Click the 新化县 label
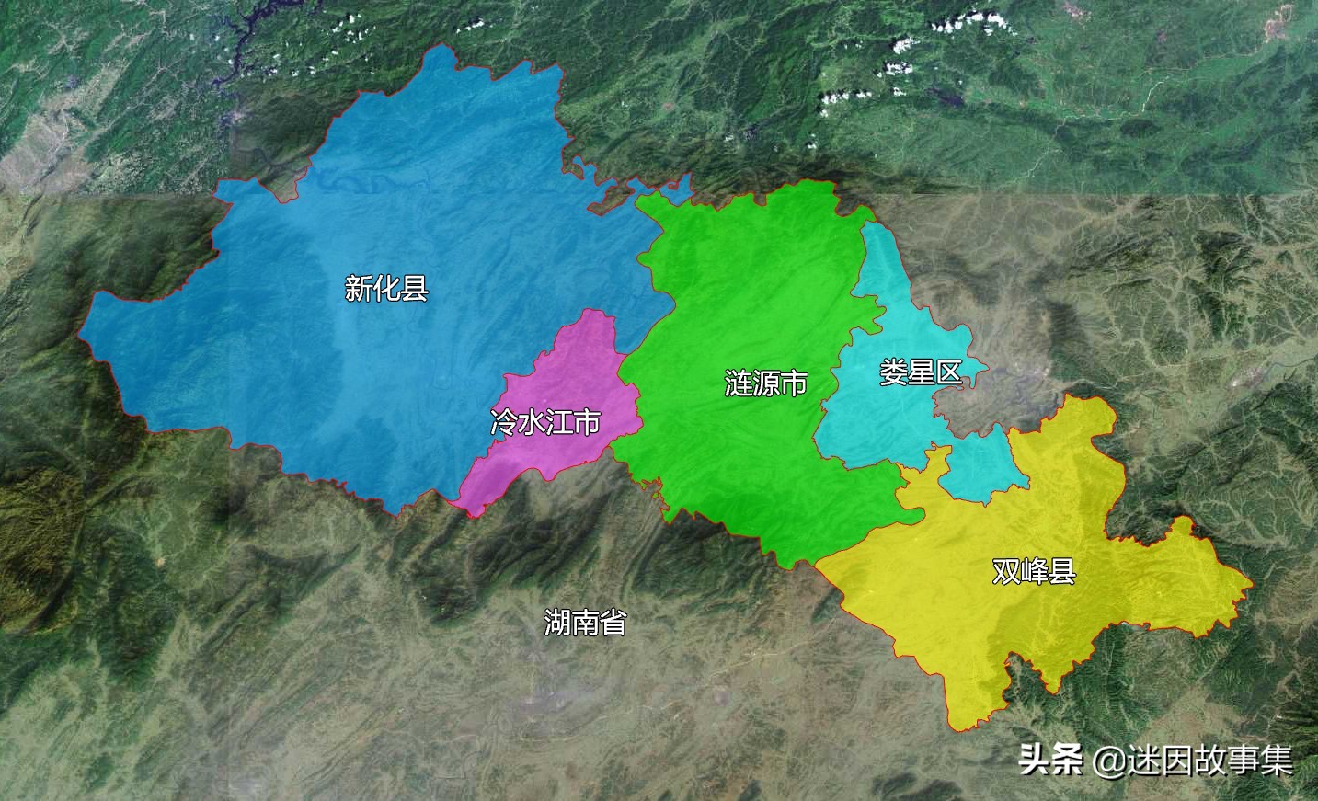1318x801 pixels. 386,289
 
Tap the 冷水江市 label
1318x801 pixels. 545,422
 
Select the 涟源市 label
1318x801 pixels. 766,383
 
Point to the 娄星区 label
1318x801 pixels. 920,372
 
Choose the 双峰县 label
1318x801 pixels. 1034,571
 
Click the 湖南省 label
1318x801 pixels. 585,623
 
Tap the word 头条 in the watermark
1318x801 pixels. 1049,761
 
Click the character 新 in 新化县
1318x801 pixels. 359,289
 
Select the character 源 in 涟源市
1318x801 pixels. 766,383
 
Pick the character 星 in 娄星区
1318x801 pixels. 920,372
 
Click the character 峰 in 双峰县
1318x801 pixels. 1034,571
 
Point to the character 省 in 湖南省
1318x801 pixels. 613,623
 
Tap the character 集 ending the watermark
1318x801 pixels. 1278,761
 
